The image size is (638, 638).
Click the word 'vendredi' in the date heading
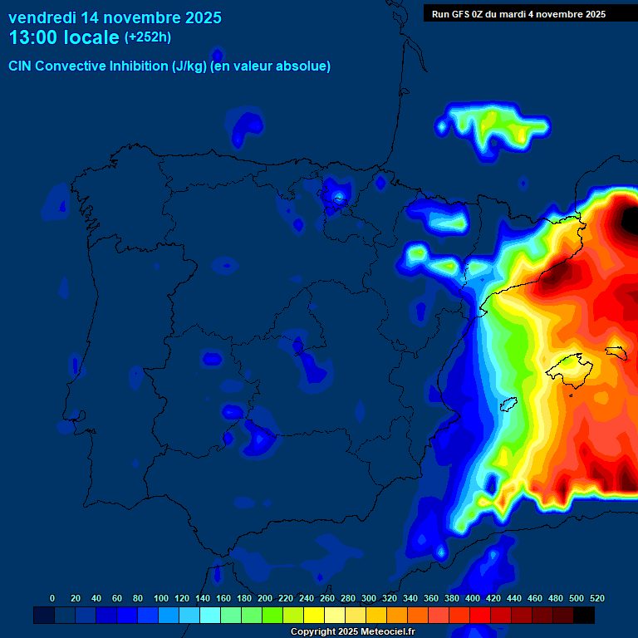(42, 17)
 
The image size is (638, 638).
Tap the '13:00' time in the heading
(33, 37)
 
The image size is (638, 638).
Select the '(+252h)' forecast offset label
(147, 37)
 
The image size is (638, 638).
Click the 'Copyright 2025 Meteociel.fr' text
(351, 632)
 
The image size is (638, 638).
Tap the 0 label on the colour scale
(52, 598)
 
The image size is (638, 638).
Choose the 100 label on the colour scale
(161, 598)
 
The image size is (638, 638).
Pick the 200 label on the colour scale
(265, 598)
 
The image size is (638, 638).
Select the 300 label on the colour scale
(369, 598)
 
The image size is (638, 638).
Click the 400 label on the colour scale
(473, 598)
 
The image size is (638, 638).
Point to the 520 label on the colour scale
(596, 598)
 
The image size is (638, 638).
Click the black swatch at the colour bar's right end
(584, 616)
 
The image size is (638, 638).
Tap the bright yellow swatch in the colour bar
(314, 616)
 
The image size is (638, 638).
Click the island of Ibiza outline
(508, 405)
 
